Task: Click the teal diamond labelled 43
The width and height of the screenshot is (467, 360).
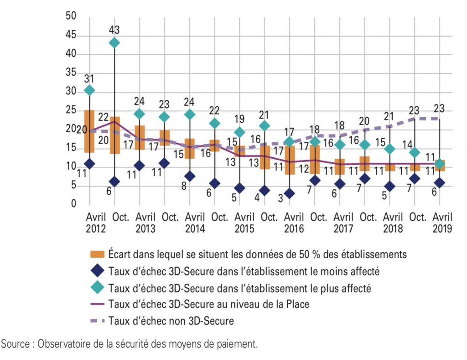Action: click(x=114, y=43)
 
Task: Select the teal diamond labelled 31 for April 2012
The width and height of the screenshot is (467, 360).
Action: click(x=89, y=90)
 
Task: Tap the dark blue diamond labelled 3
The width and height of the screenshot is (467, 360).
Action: click(x=290, y=193)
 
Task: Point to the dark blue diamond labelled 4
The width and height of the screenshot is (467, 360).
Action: click(x=265, y=190)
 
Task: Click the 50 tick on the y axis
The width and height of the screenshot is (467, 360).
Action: click(x=71, y=16)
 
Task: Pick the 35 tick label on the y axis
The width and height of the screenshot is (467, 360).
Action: click(x=71, y=73)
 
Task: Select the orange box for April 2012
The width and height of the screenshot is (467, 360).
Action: click(x=89, y=131)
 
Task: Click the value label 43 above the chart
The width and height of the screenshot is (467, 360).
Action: click(x=114, y=30)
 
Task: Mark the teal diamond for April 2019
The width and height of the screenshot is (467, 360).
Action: click(x=440, y=164)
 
